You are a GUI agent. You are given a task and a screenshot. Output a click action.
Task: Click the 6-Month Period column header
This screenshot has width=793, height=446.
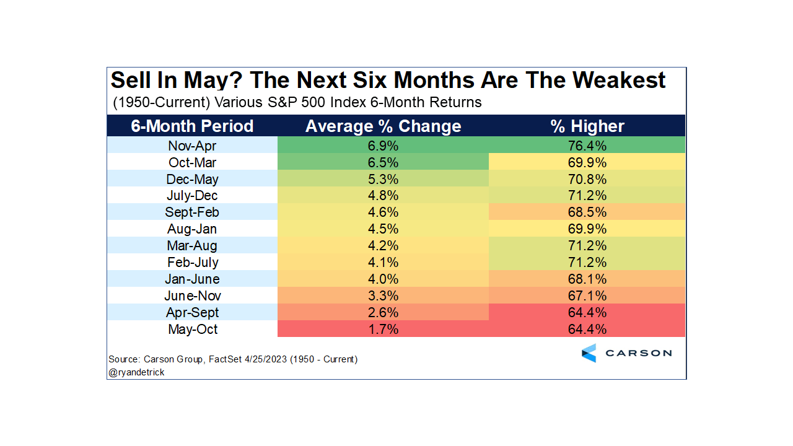[x=192, y=126]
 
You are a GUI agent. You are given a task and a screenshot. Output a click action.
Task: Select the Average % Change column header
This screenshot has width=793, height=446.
[x=383, y=126]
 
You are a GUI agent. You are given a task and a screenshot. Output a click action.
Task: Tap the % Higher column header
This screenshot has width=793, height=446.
[x=587, y=126]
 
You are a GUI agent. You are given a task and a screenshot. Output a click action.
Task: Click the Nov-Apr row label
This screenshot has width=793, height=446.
[x=192, y=146]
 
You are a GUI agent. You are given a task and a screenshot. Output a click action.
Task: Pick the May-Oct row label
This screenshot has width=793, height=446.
[x=192, y=329]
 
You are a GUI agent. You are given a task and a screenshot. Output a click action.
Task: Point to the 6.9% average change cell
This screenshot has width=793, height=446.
[x=383, y=146]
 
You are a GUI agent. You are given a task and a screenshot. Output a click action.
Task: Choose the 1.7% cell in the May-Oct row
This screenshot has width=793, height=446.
[x=383, y=329]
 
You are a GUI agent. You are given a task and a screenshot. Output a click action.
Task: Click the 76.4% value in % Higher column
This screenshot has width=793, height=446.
[x=587, y=146]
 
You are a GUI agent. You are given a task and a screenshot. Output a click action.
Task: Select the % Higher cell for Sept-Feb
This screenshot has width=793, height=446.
[x=587, y=212]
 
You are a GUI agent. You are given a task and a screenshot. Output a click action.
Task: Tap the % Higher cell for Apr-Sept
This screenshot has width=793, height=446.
[x=587, y=312]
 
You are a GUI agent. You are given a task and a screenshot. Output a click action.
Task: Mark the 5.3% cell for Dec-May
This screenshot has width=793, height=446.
[x=383, y=180]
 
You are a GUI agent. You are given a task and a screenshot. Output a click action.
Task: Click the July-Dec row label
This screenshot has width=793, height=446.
[x=192, y=196]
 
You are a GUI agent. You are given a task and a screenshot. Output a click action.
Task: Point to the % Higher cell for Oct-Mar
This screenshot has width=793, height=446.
[x=587, y=163]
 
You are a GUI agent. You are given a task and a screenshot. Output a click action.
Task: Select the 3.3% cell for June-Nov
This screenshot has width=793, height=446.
[x=383, y=295]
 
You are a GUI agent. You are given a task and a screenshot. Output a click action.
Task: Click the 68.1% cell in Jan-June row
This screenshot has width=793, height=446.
[x=587, y=279]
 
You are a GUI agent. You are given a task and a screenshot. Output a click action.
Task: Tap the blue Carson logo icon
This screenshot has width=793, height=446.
[x=589, y=353]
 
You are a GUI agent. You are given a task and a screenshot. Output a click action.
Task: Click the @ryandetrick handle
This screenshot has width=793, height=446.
[x=136, y=372]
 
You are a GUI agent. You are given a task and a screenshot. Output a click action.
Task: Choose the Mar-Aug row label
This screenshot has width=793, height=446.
[x=192, y=246]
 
